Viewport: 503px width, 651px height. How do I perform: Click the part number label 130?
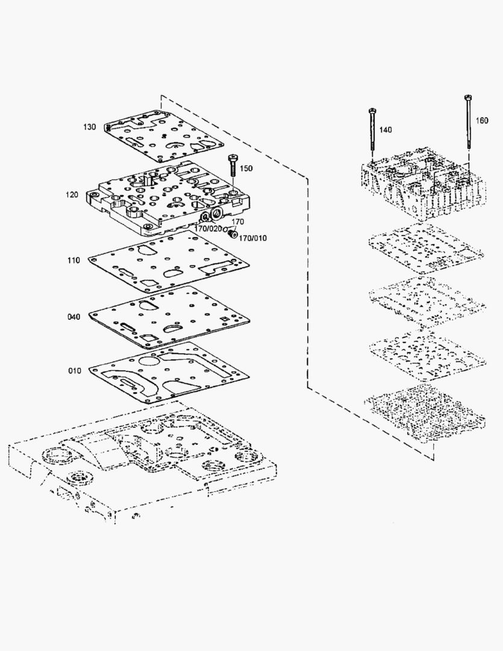coord(89,127)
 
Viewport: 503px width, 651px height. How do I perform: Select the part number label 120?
coord(72,195)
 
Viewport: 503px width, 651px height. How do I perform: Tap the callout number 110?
coord(74,260)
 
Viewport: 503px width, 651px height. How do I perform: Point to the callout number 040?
coord(74,317)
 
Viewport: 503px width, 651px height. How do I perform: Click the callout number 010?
coord(75,371)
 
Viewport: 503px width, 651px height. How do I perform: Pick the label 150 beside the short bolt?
coord(246,169)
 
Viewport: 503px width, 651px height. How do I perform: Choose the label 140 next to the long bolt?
coord(386,130)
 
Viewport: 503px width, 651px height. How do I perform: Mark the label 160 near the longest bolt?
coord(482,121)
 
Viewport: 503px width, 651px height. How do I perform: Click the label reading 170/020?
coord(208,229)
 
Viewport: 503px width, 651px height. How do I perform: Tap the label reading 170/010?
coord(253,238)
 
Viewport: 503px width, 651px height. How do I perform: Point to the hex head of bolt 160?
coord(468,98)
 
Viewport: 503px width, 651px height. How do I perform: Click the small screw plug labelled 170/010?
coord(233,234)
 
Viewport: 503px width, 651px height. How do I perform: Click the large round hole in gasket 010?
coord(149,360)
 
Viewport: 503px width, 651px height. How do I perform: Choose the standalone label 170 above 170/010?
coord(238,222)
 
